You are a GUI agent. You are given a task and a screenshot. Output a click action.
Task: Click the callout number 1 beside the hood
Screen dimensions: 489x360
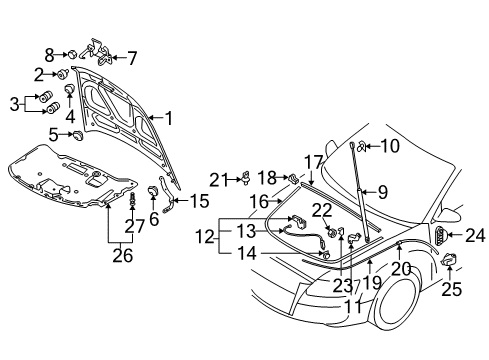point(169,118)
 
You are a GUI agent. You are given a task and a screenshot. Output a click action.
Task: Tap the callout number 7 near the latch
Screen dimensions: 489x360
point(132,58)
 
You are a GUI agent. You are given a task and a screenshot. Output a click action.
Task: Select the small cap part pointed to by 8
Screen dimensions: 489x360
point(73,54)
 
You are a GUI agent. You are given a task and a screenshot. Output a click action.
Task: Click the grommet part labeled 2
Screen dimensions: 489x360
point(62,74)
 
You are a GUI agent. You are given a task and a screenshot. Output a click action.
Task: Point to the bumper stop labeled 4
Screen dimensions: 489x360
point(69,89)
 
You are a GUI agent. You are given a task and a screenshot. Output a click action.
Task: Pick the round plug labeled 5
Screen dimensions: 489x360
point(78,135)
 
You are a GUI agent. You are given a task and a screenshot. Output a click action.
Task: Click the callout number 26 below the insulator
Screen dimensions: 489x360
point(123,256)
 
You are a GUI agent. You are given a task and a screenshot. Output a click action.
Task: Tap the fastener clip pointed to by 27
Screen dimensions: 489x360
point(133,199)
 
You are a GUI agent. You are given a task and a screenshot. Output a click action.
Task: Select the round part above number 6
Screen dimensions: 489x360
point(153,191)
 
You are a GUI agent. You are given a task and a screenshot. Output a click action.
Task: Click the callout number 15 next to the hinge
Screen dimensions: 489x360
point(200,201)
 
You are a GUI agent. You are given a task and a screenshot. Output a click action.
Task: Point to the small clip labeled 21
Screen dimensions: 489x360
point(246,178)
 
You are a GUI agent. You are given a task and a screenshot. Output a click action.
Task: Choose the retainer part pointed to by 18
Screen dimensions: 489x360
point(293,179)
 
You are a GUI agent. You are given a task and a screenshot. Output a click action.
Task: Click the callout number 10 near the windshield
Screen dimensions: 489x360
point(390,146)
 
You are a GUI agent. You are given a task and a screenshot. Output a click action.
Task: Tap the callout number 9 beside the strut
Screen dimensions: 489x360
point(383,192)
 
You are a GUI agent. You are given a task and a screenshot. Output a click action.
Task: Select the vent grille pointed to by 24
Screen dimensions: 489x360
point(440,235)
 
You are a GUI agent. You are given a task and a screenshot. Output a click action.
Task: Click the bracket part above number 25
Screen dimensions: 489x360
point(449,260)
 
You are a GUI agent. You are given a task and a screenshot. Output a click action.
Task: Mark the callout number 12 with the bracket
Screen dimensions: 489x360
point(205,237)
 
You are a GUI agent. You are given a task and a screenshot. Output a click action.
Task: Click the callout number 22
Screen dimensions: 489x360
point(322,210)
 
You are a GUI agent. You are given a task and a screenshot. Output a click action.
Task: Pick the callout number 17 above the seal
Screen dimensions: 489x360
point(314,163)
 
